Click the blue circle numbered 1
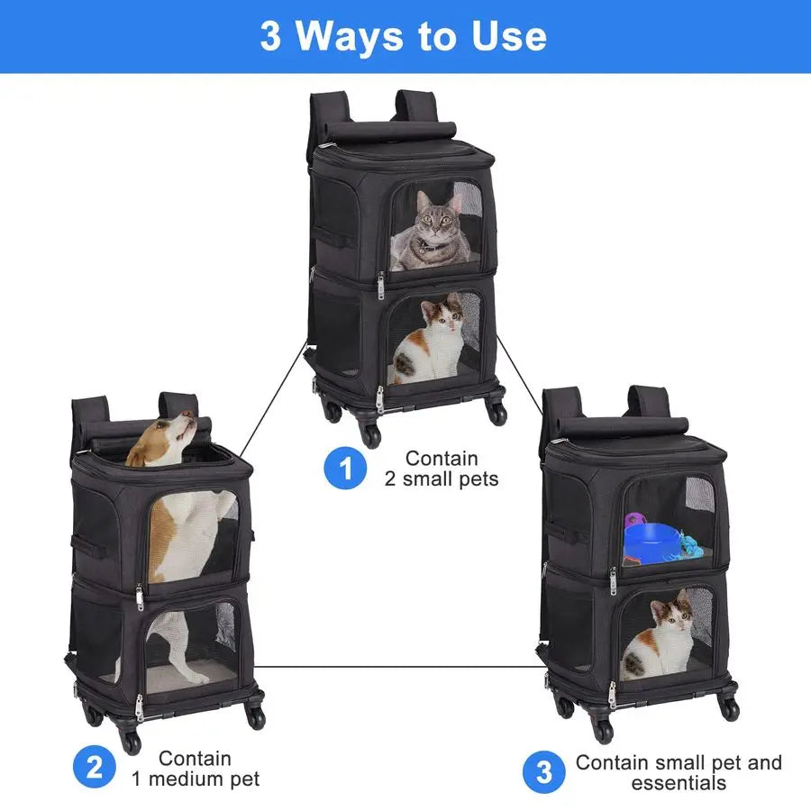tap(345, 469)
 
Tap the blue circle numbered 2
tap(94, 769)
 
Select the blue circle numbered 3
tap(544, 772)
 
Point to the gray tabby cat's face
tap(434, 222)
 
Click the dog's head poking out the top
tap(171, 437)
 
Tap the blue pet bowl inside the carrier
tap(662, 540)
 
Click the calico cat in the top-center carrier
tap(432, 337)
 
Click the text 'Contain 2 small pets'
tap(442, 469)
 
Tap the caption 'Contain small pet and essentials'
tap(679, 772)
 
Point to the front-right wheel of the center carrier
tap(497, 413)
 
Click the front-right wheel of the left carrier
tap(256, 716)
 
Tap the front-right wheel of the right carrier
tap(729, 708)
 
